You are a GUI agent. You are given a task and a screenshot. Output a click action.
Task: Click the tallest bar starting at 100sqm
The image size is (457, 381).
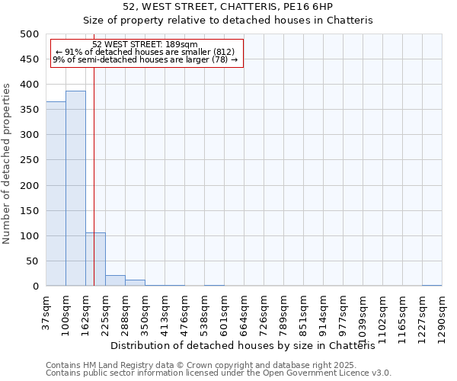point(75,188)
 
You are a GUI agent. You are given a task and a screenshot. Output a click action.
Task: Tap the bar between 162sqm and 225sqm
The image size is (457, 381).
point(95,259)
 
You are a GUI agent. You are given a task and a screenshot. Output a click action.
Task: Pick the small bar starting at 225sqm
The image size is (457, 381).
point(115,280)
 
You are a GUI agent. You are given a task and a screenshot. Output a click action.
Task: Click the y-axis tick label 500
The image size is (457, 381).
point(30,34)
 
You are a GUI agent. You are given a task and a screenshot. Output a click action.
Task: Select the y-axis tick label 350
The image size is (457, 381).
point(30,110)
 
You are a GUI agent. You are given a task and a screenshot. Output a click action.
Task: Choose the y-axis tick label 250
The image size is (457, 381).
point(30,160)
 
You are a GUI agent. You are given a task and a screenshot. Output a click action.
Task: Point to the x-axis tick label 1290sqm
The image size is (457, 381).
point(442,316)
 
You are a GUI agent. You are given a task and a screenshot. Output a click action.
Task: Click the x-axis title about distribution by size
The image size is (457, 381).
point(248,345)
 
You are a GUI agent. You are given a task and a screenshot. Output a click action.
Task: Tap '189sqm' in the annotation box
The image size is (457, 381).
point(184,44)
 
